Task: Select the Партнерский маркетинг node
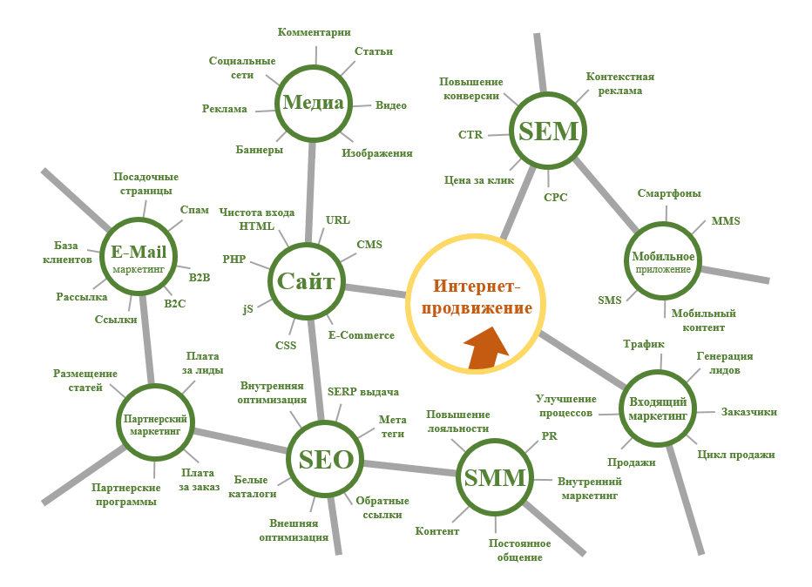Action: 155,422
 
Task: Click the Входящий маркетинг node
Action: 658,408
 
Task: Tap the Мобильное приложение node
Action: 663,261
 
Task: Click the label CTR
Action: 470,135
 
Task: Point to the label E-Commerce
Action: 362,335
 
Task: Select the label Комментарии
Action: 315,32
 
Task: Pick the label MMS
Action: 726,221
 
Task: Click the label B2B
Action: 200,278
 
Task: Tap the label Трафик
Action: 644,344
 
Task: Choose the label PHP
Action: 234,259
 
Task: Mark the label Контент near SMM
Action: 437,531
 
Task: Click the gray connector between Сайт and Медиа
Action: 311,192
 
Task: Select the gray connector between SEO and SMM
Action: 410,468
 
